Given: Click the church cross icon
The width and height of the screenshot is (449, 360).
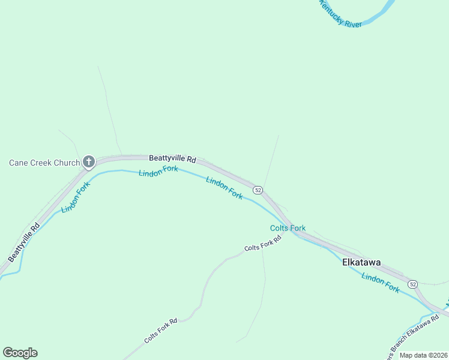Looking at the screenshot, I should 89,161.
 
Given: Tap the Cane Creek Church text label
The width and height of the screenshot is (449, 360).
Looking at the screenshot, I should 44,163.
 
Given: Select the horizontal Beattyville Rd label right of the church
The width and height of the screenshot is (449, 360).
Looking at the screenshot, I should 173,159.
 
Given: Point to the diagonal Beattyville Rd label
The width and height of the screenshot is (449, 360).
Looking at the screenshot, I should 25,242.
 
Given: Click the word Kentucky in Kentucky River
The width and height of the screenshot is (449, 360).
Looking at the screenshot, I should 332,13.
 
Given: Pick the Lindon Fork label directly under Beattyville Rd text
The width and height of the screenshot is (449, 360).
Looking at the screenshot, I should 158,172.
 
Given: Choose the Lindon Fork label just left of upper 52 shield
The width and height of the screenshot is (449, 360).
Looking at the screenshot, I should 224,188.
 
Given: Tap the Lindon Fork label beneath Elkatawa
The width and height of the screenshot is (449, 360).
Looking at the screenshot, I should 381,284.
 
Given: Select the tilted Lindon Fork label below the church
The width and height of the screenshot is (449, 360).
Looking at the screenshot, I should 75,197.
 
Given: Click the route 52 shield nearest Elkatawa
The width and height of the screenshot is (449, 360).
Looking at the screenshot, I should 412,283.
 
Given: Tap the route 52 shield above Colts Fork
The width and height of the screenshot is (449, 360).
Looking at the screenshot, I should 258,190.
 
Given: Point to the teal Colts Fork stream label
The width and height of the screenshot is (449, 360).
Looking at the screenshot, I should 288,228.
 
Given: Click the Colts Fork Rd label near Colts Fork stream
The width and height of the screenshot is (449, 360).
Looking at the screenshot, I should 263,244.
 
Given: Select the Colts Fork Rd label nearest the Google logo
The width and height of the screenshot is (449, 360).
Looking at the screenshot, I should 161,331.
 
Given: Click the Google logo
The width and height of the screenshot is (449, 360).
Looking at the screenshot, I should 20,353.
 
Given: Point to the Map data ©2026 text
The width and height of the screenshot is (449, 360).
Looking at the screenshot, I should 424,355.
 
